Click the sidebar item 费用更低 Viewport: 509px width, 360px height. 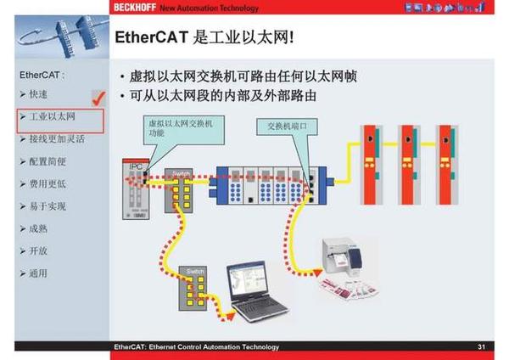(48, 183)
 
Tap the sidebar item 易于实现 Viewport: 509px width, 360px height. (48, 205)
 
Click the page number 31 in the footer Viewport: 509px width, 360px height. (481, 346)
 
